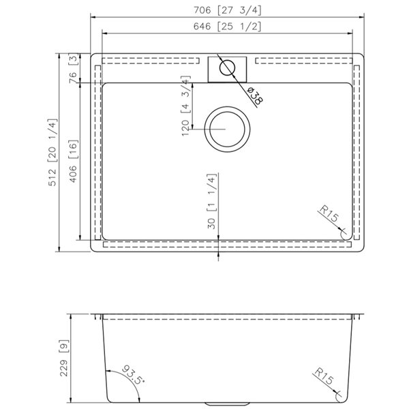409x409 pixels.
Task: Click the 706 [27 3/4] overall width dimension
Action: point(227,9)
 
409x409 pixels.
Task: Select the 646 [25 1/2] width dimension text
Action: point(227,27)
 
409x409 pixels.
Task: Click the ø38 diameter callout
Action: point(254,96)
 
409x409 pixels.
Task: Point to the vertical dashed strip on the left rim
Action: point(97,153)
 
